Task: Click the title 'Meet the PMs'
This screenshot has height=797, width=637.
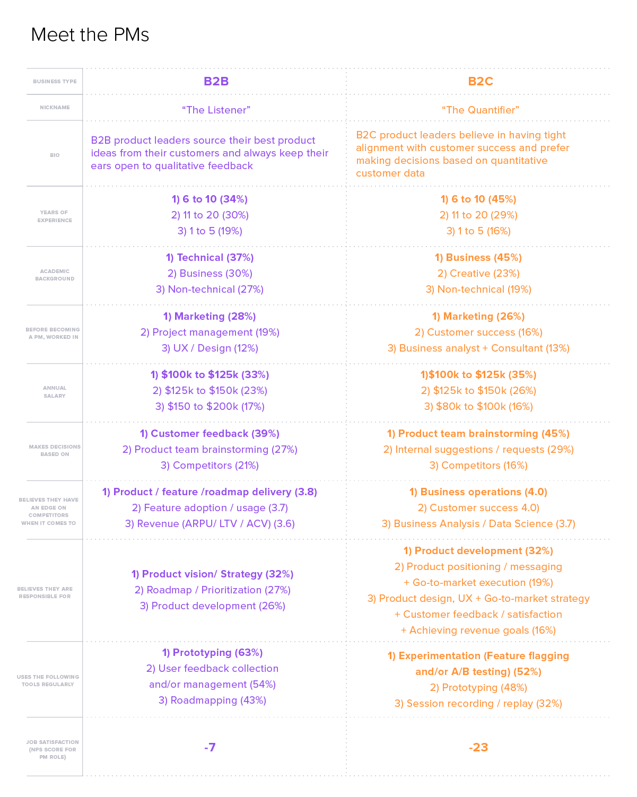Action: (90, 34)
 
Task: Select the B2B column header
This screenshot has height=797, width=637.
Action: (216, 81)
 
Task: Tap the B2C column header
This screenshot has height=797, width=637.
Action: (480, 81)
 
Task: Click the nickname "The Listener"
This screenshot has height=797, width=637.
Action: (216, 110)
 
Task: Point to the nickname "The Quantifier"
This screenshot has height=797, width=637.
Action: (480, 110)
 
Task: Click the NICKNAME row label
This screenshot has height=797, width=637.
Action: (55, 108)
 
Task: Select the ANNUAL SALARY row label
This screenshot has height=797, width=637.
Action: (55, 392)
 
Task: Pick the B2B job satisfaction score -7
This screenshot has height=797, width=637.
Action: (210, 747)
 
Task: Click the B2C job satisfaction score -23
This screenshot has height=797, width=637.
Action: (478, 747)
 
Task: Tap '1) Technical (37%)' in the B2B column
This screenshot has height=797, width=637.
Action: (210, 257)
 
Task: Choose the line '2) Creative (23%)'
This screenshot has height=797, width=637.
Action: (478, 273)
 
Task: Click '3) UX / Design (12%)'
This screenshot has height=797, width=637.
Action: (210, 348)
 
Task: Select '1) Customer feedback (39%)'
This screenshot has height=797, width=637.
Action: (210, 433)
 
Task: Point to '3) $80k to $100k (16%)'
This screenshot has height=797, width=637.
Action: (478, 406)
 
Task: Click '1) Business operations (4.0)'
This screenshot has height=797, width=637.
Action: (478, 492)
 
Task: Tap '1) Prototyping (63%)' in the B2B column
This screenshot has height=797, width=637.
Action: (212, 652)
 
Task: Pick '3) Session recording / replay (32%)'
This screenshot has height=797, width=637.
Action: (478, 703)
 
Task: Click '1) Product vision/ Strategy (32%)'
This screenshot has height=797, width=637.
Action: (212, 574)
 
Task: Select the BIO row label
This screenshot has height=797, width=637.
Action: (55, 155)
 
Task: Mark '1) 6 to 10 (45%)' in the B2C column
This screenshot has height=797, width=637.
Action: (478, 199)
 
